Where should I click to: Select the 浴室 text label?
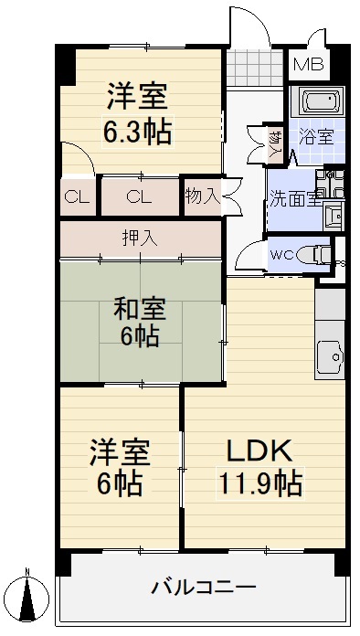[315, 138]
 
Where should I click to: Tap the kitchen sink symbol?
[330, 352]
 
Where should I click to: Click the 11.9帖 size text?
[259, 481]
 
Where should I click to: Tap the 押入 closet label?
[140, 238]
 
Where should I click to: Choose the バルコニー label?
[203, 586]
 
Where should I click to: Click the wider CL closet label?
[139, 196]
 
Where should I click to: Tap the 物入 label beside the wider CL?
[202, 196]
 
